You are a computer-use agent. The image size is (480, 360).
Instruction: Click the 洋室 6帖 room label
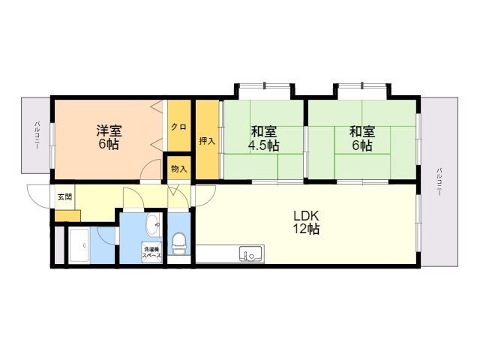[x=109, y=137]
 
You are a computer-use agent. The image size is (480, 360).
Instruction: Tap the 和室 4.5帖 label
[x=263, y=138]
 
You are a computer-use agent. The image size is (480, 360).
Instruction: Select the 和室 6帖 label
[x=362, y=138]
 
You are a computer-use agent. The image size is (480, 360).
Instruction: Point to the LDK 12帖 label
[x=307, y=222]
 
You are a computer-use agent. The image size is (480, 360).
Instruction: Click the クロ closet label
[x=178, y=127]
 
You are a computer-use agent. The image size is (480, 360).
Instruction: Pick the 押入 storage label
[x=207, y=141]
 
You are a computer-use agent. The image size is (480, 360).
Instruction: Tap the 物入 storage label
[x=179, y=169]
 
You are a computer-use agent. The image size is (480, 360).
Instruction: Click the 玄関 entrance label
[x=65, y=196]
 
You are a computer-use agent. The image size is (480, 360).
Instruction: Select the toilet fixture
[x=178, y=243]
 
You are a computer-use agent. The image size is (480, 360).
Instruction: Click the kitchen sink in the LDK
[x=251, y=254]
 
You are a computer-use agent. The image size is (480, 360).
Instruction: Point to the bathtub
[x=79, y=246]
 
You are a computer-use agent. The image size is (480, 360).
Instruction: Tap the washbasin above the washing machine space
[x=153, y=225]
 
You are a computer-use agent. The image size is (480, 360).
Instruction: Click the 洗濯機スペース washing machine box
[x=151, y=253]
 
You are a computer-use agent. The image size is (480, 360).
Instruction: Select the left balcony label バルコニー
[x=37, y=135]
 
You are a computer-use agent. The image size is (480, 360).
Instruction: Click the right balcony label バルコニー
[x=439, y=181]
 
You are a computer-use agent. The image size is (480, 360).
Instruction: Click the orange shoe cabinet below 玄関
[x=67, y=216]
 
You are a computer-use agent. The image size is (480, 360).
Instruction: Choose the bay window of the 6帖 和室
[x=362, y=91]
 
